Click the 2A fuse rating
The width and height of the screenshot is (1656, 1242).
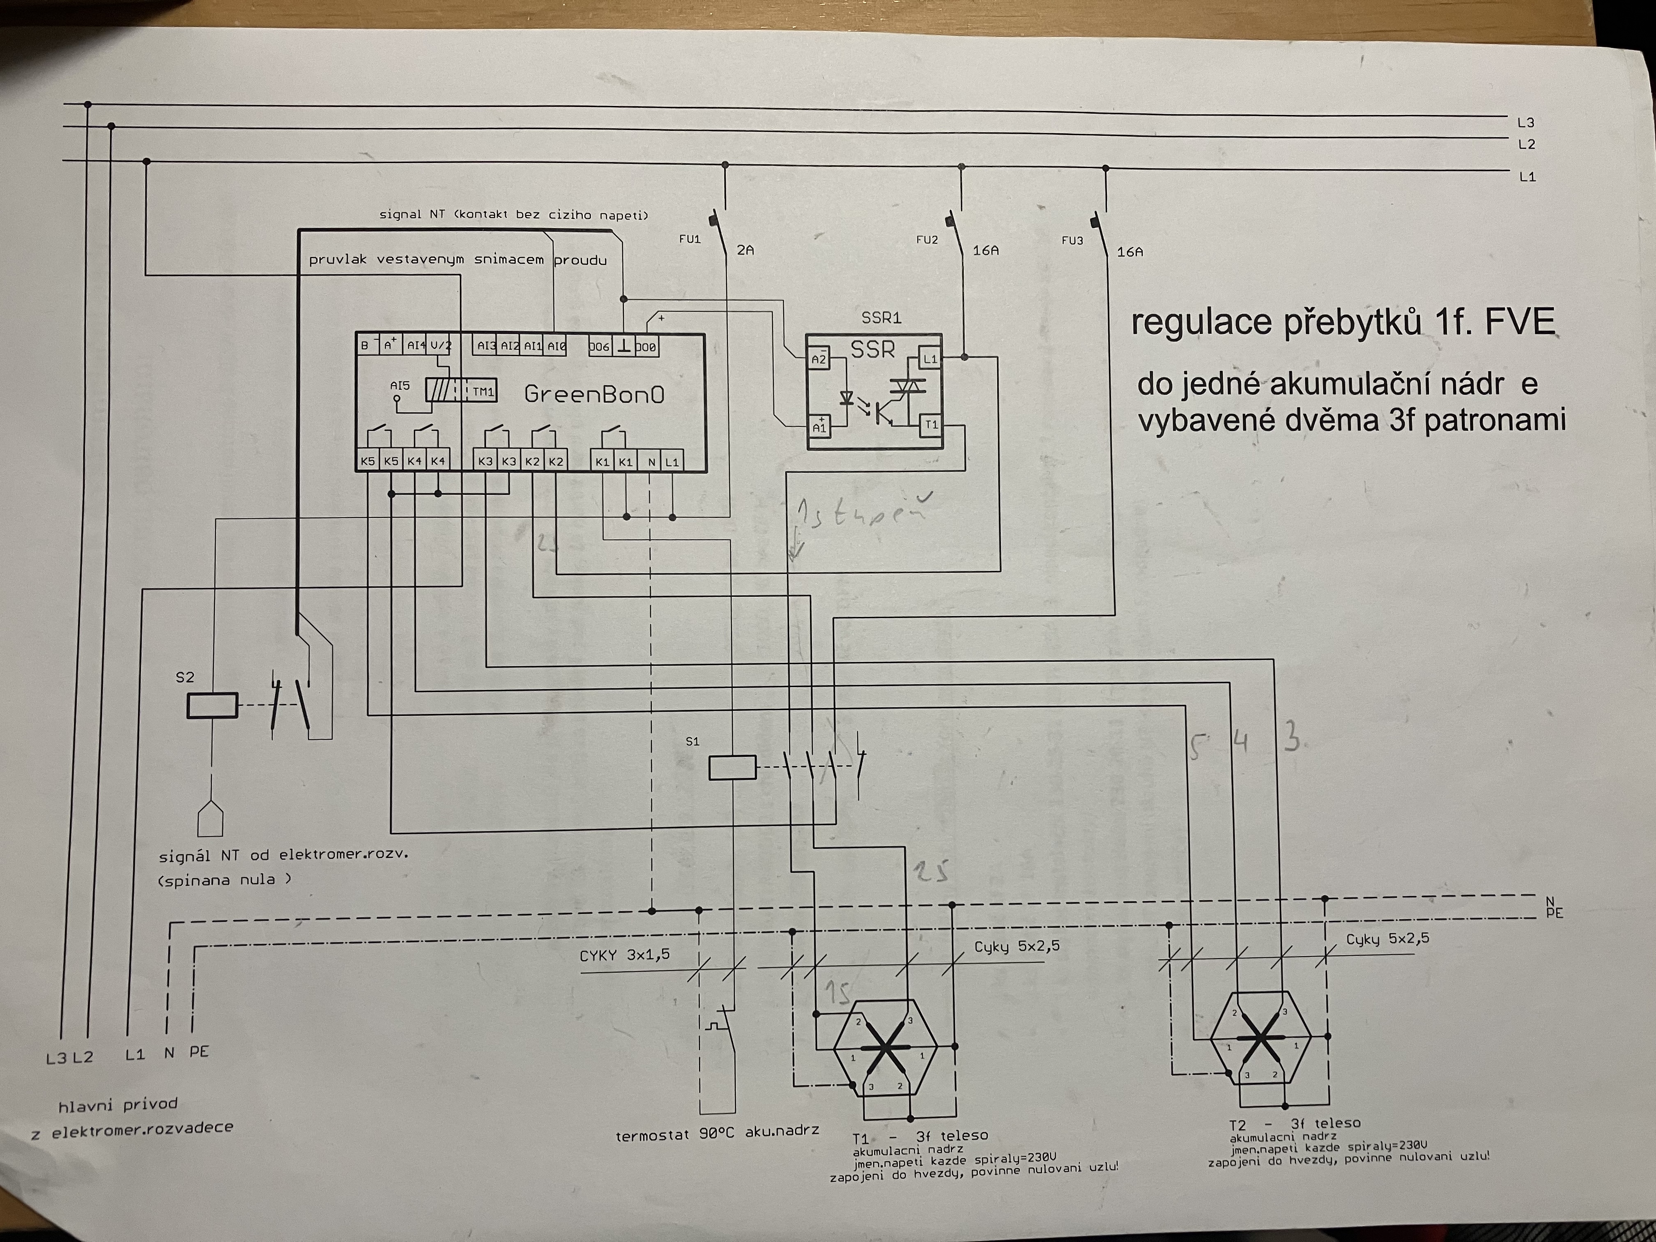point(745,250)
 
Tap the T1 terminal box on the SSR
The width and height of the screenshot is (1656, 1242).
point(931,425)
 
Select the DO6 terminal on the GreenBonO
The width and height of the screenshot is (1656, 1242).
point(599,347)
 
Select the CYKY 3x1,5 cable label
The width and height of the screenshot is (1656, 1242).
point(624,955)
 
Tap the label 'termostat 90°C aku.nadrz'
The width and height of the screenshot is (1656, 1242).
point(716,1134)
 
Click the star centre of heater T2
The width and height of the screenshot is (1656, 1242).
point(1261,1037)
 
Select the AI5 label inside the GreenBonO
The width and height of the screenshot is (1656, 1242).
point(400,386)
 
